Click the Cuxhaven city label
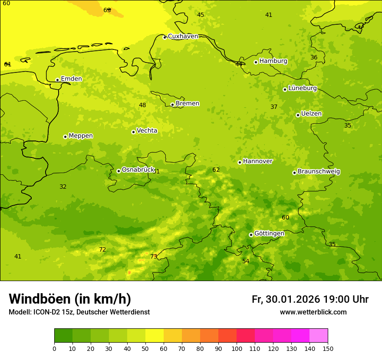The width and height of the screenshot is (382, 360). tap(183, 36)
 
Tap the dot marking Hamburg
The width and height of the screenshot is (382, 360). tap(256, 62)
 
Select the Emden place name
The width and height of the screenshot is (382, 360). tap(71, 79)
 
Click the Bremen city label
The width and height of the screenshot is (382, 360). tap(187, 104)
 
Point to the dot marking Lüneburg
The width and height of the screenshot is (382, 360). tap(285, 89)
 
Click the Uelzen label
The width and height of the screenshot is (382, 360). tap(311, 114)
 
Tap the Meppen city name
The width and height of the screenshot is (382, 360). tap(80, 136)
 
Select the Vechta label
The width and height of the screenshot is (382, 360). tap(147, 131)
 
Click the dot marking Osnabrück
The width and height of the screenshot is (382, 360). tap(119, 171)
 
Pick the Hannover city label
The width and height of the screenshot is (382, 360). tap(257, 161)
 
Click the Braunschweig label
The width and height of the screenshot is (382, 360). tap(319, 172)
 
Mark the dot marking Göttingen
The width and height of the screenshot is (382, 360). tap(251, 235)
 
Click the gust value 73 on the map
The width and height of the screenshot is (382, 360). tap(154, 257)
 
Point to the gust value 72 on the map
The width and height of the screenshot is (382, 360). tap(102, 250)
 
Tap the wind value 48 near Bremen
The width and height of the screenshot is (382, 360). tap(142, 105)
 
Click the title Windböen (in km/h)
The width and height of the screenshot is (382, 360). tap(70, 299)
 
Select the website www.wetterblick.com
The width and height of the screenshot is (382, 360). tap(313, 312)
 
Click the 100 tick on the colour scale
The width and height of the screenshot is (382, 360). tap(237, 348)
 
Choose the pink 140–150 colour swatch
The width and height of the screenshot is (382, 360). tap(319, 336)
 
